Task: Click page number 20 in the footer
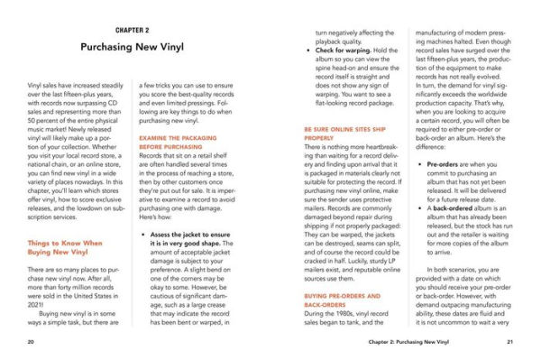tap(32, 342)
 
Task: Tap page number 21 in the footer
tap(509, 342)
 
